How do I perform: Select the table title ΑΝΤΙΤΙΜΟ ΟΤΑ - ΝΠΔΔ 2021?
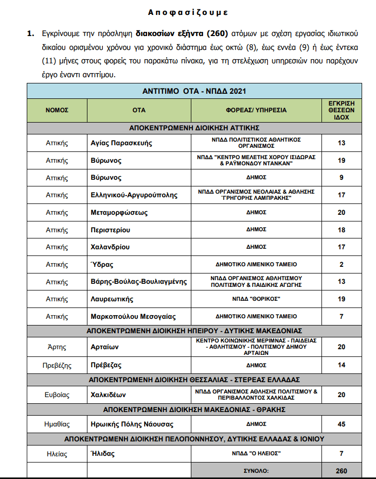[194, 91]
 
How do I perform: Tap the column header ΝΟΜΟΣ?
[57, 110]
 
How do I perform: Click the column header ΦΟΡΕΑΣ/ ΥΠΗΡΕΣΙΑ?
[256, 110]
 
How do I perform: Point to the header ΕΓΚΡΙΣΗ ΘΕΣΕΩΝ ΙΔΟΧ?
[342, 110]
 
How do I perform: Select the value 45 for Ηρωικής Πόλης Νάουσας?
[342, 424]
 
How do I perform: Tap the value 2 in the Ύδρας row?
[342, 264]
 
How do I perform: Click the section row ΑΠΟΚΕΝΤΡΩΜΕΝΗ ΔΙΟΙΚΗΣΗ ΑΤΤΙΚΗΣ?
[193, 127]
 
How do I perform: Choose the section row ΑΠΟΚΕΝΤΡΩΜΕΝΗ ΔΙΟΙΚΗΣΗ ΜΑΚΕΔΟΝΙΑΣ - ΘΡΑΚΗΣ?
[194, 410]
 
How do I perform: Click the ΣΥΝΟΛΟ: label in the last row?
[256, 471]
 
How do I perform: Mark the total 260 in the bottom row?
[342, 471]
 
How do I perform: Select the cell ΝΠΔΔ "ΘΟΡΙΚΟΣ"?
[256, 299]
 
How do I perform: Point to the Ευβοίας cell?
[57, 395]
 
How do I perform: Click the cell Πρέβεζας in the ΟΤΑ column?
[106, 365]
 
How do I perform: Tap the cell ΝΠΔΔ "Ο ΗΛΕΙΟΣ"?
[256, 453]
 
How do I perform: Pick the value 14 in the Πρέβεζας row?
[342, 365]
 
